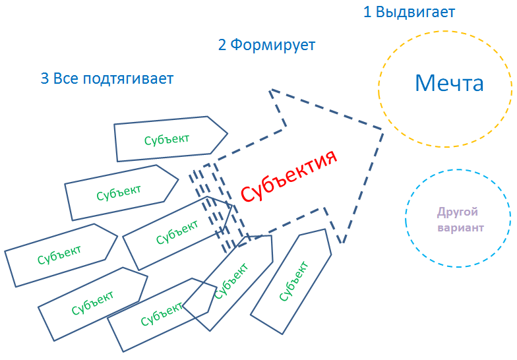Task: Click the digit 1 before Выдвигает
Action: (367, 12)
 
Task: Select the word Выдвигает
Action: (415, 12)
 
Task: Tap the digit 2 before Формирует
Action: (222, 45)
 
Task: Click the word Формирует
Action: (272, 45)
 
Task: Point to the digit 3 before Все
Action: (45, 78)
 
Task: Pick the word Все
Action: (66, 78)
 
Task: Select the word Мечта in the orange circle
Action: (449, 83)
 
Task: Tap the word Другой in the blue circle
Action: (457, 212)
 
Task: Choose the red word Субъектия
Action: (289, 176)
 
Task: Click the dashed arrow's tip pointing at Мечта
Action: (382, 129)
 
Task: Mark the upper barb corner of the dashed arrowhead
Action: (271, 90)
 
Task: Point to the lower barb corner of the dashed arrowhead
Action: (342, 243)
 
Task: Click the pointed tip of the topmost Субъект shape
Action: (228, 133)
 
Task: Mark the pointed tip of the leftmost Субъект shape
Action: (117, 236)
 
